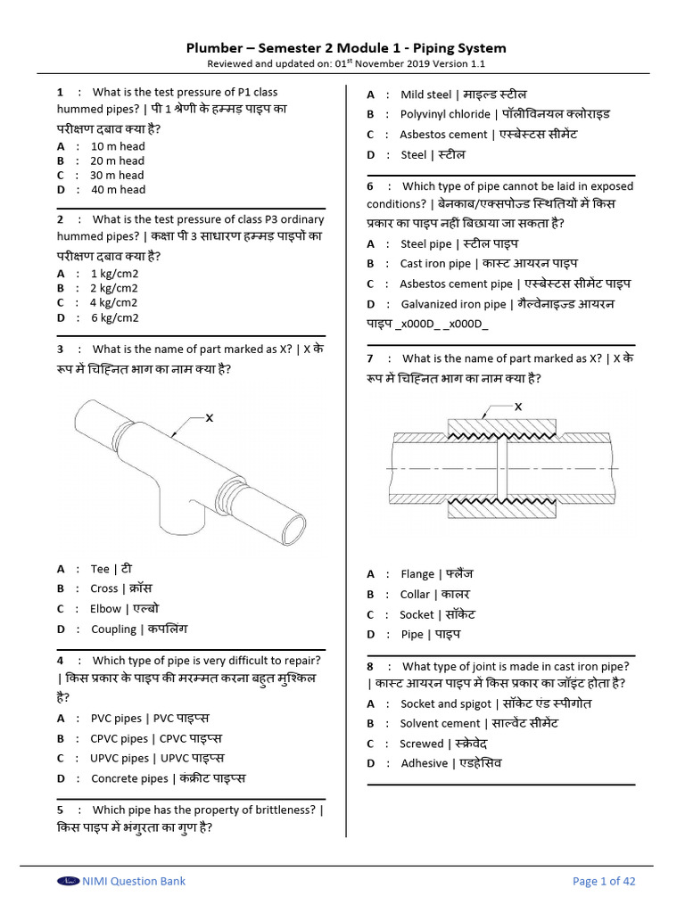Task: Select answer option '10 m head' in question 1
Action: (118, 146)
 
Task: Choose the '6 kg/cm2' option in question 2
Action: (114, 317)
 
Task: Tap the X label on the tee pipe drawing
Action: (209, 417)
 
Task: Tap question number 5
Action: (61, 810)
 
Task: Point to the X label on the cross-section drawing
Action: (518, 407)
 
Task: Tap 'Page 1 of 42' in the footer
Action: (604, 881)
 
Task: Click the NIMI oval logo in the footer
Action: (68, 881)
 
